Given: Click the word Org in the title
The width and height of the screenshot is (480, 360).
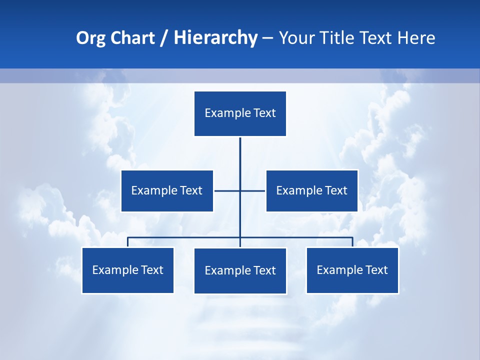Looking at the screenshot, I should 90,38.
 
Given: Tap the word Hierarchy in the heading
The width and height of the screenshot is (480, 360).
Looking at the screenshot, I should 215,38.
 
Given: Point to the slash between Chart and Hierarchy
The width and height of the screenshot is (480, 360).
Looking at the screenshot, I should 164,38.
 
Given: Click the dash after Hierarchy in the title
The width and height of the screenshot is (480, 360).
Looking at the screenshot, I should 267,38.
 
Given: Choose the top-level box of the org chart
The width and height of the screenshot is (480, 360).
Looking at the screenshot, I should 240,113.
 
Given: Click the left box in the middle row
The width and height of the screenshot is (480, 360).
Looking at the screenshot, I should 167,190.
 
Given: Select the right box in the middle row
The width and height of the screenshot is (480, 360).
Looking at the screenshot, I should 311,190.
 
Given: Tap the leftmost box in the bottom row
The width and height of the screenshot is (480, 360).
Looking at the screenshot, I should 127,270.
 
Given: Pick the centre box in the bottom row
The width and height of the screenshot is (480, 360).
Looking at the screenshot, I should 240,270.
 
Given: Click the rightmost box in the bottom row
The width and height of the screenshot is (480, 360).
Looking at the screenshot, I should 352,270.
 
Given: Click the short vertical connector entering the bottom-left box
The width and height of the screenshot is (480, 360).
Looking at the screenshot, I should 127,242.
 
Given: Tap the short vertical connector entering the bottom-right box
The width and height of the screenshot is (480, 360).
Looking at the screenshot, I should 352,242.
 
